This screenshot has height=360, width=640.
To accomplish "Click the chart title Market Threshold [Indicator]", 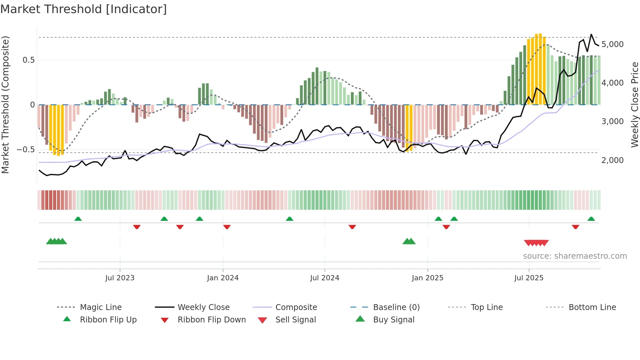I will (84, 9).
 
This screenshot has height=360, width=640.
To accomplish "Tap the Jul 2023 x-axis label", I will (120, 278).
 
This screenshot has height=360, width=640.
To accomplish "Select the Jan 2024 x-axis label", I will (223, 278).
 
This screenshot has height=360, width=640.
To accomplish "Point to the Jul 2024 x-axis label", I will (325, 278).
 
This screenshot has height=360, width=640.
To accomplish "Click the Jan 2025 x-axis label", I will (427, 278).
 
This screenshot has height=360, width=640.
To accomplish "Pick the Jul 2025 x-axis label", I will (529, 278).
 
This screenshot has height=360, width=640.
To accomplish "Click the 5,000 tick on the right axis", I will (612, 44).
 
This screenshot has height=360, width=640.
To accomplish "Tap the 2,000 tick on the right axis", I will (612, 160).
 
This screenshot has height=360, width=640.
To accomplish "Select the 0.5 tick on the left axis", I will (29, 60).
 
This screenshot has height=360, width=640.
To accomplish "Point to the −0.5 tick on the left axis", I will (26, 150).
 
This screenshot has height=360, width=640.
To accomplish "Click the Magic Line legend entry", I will (101, 307).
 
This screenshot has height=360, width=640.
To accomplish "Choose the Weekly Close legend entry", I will (203, 307).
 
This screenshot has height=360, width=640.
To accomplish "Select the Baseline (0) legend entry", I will (396, 307).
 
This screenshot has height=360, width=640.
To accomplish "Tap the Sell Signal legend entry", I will (296, 320).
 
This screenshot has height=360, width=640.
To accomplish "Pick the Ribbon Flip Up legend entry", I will (108, 320).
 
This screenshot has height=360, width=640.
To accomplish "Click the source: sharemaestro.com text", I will (575, 256).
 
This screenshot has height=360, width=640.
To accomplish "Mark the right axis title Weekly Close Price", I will (634, 105).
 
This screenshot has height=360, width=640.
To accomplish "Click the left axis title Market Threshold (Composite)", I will (5, 105).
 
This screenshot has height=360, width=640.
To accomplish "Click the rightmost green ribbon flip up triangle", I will (591, 219).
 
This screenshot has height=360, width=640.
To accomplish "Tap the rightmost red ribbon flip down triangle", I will (575, 227).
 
